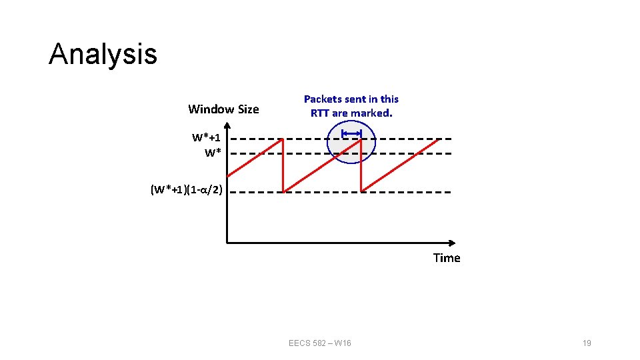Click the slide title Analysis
103,54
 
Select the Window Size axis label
223,109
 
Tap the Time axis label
446,258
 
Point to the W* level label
213,153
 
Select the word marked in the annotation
372,113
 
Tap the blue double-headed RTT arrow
351,134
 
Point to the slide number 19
587,343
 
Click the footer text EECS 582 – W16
320,343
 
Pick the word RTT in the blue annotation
320,113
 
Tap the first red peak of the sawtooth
283,139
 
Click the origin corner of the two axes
227,242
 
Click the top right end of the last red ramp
439,139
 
